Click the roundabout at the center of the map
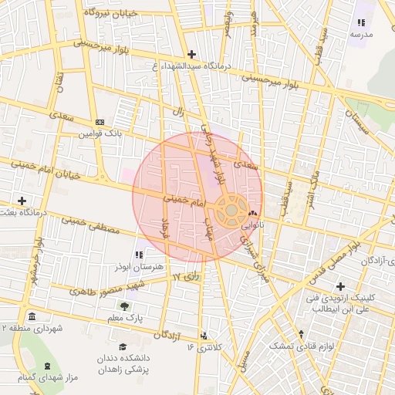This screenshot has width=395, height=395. pos(231,210)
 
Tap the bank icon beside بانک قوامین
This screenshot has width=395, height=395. pos(99,122)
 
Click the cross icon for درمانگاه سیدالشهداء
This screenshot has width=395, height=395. pos(191,54)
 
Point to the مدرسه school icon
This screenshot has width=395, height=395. pos(361,22)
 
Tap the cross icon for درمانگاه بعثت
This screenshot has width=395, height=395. pos(22,201)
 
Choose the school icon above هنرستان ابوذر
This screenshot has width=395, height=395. pos(139,255)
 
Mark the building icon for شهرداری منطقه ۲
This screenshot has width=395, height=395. pos(32,317)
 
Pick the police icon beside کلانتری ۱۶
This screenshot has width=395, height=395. pos(204,336)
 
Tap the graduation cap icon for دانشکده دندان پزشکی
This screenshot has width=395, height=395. pos(122,348)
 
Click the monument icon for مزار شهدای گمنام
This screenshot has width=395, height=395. pos(48,366)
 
